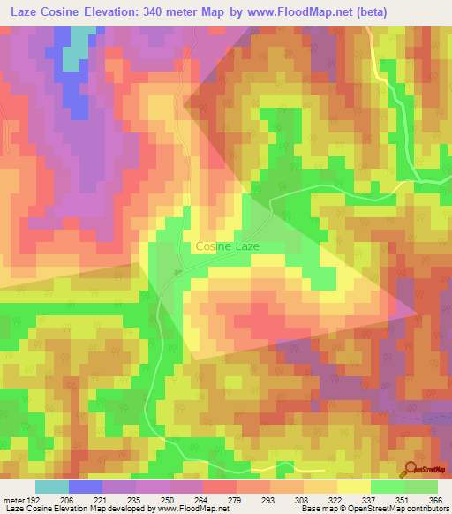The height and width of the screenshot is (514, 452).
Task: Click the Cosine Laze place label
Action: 227,246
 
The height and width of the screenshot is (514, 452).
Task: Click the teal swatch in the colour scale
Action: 52,487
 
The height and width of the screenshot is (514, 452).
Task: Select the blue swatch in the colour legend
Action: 86,487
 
